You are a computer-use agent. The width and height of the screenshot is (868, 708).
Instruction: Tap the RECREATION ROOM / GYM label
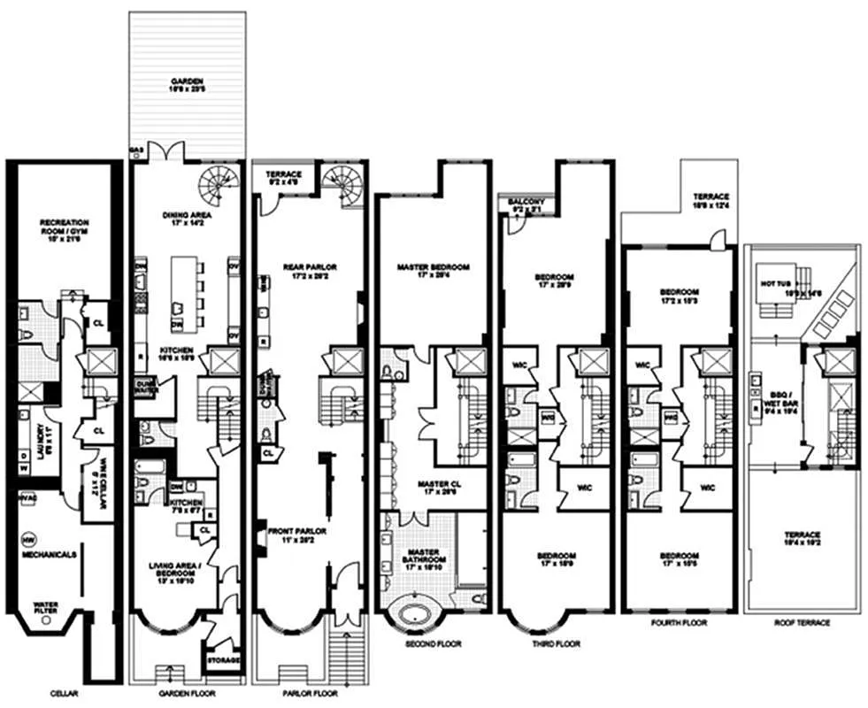(x=61, y=227)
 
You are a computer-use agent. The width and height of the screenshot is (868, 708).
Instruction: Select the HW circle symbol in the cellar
(x=27, y=538)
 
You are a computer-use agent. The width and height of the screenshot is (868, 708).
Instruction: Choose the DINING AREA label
(x=186, y=217)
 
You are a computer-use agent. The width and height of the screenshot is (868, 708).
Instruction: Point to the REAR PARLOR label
(x=308, y=270)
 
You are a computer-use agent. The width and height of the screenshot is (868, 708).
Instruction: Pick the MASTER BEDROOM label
(x=433, y=271)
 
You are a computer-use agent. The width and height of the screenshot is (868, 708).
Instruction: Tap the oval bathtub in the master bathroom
(x=412, y=615)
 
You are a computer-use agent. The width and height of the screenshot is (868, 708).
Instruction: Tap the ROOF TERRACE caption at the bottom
(x=801, y=623)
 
